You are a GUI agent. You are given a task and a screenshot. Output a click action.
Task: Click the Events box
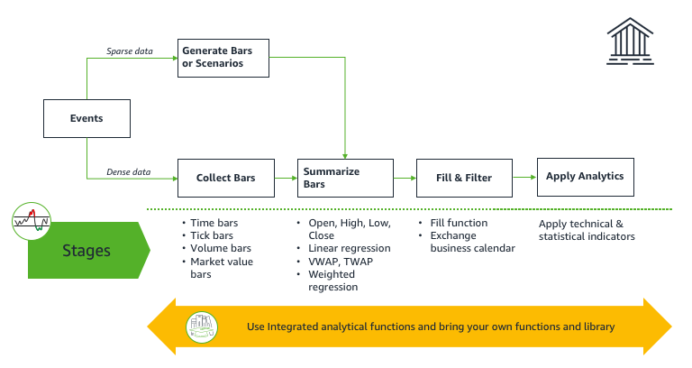coord(86,118)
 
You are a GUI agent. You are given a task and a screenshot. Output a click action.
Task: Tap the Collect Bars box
coord(225,178)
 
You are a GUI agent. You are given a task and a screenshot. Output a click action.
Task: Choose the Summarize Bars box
coord(345,178)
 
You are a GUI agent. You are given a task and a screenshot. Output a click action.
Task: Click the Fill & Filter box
coord(465,178)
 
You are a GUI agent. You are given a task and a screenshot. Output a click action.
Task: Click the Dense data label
coord(130,171)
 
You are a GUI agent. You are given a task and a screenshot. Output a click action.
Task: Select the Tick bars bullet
coord(212,235)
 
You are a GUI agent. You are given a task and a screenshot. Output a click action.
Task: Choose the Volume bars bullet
coord(220,248)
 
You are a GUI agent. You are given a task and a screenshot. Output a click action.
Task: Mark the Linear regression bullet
coord(349,248)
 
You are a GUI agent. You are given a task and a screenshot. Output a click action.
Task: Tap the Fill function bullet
coord(459,223)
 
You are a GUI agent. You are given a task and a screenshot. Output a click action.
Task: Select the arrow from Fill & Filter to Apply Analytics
coord(524,178)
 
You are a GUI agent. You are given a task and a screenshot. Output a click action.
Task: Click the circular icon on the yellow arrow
coord(204,327)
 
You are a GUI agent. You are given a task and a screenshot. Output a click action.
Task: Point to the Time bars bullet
coord(214,223)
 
